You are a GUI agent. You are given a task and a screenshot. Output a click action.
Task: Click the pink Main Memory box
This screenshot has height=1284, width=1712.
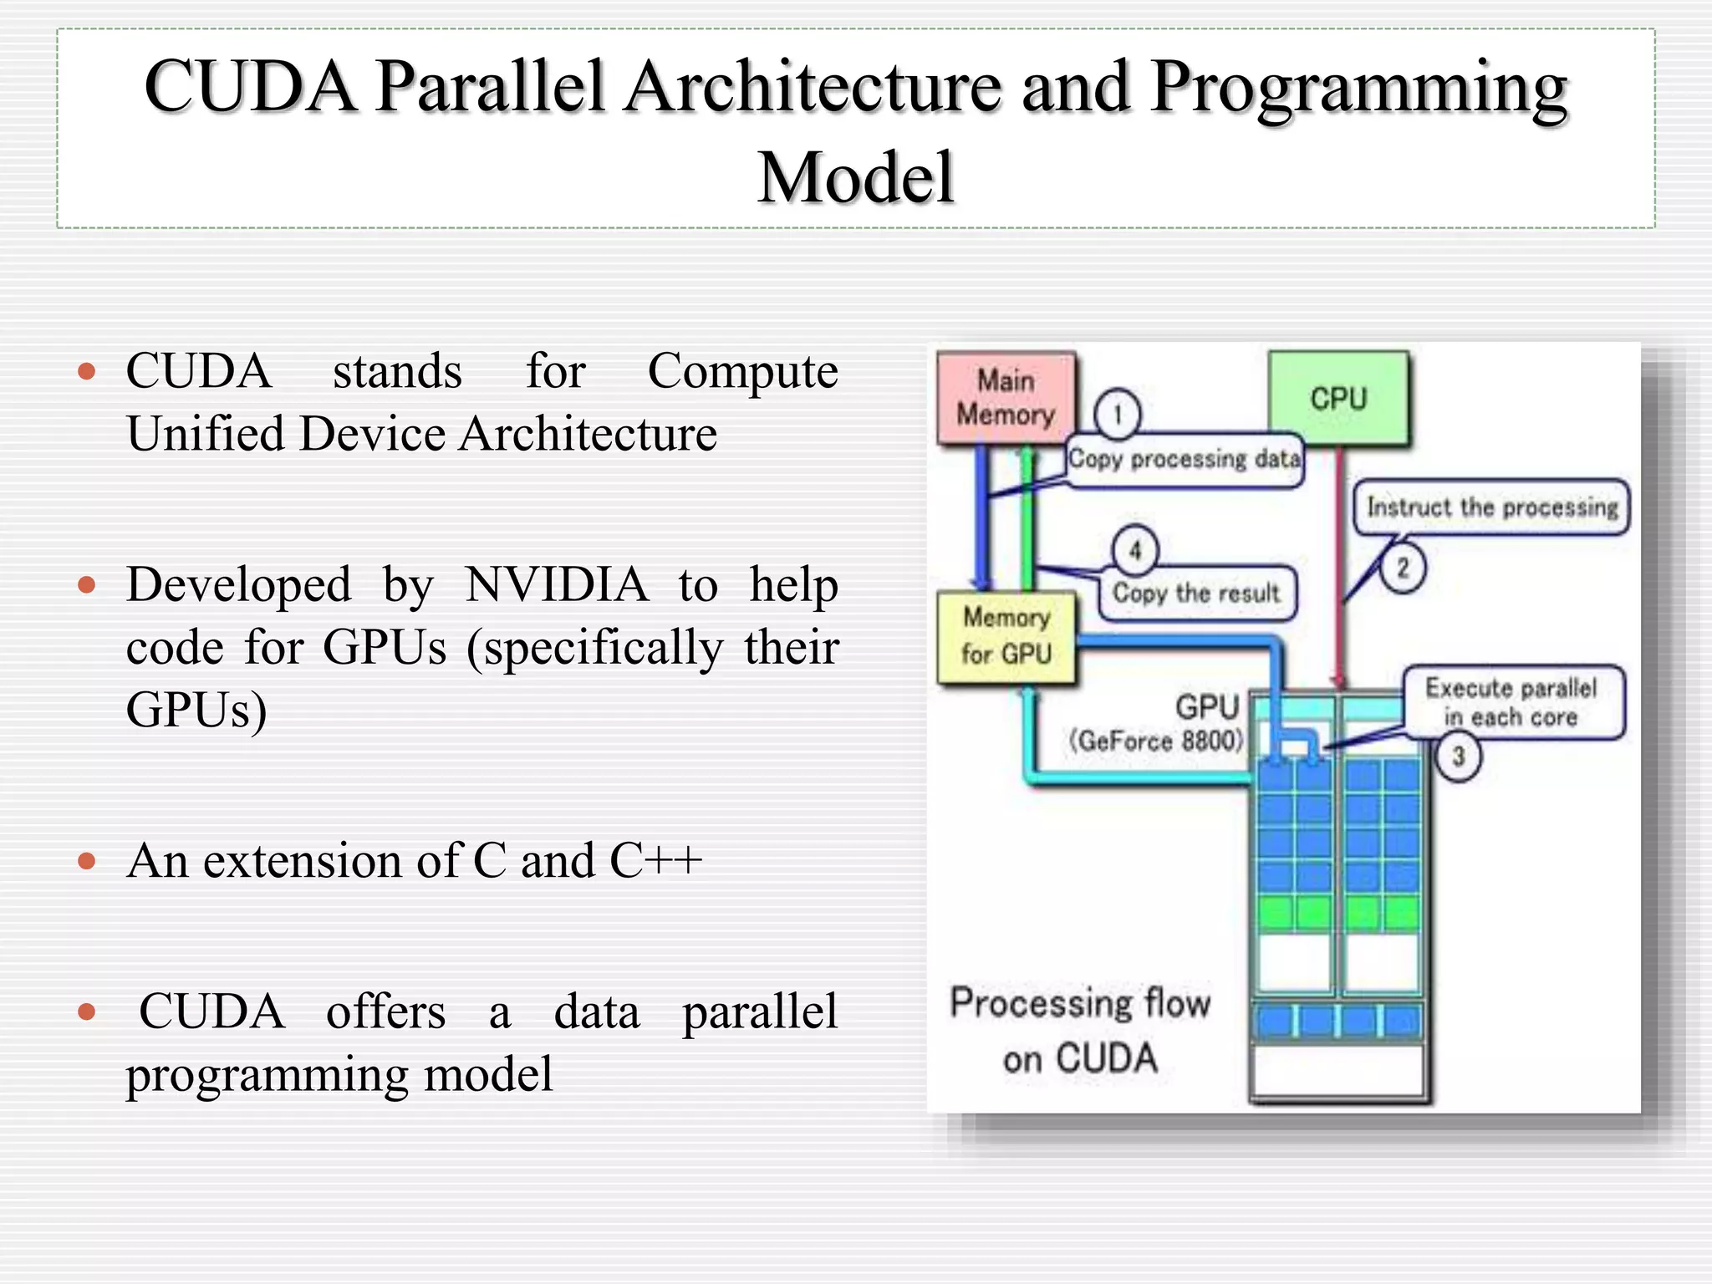coord(1006,398)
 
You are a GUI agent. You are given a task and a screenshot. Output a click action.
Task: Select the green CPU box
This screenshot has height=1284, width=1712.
coord(1338,399)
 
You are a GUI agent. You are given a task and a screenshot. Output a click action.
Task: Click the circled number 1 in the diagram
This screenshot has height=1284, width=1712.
coord(1117,414)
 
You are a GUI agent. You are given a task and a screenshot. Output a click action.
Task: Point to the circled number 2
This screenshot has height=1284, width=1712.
coord(1403,568)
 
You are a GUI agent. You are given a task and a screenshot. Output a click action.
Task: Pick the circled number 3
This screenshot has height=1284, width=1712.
coord(1458,757)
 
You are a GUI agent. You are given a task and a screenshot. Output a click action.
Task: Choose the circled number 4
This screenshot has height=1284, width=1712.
coord(1135,550)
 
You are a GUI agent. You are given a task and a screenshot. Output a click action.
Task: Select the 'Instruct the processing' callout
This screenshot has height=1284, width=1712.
coord(1492,507)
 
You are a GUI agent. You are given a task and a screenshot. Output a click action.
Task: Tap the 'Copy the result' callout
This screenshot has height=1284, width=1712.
coord(1196,594)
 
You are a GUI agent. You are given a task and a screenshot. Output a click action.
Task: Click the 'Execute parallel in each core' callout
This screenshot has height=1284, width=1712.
coord(1511,702)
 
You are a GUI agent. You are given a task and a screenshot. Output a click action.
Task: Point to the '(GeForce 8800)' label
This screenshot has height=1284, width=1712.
coord(1156,741)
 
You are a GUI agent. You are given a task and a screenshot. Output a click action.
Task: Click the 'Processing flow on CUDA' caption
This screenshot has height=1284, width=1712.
coord(1080,1030)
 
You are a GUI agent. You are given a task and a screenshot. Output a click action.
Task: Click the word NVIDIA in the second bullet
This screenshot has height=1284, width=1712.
coord(557,584)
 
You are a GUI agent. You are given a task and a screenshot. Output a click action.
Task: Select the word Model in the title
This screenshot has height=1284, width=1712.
coord(856,177)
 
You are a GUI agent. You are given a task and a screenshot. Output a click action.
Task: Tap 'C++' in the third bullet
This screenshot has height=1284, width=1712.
coord(655,860)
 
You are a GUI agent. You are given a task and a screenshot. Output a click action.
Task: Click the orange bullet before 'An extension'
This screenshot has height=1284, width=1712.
coord(87,861)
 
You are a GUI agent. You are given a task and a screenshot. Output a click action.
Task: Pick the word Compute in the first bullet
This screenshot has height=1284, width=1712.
coord(742,371)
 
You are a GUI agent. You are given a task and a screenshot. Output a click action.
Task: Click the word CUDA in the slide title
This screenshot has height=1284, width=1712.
coord(251,86)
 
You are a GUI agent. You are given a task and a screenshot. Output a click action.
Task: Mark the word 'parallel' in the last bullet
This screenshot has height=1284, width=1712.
coord(759,1011)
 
